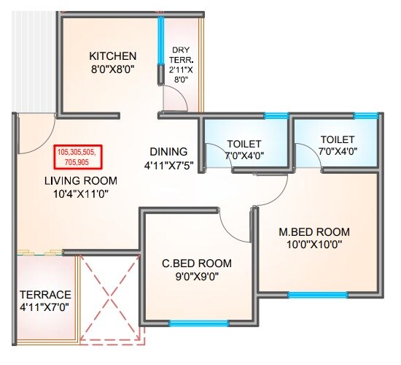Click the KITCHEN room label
click(x=113, y=56)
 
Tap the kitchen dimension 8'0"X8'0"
click(x=113, y=71)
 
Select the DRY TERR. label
click(x=180, y=55)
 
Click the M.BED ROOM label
click(x=311, y=232)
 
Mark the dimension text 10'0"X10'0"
click(x=311, y=246)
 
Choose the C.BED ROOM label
click(x=197, y=264)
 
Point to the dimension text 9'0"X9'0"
click(x=197, y=277)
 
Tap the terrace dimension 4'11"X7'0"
click(x=45, y=307)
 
